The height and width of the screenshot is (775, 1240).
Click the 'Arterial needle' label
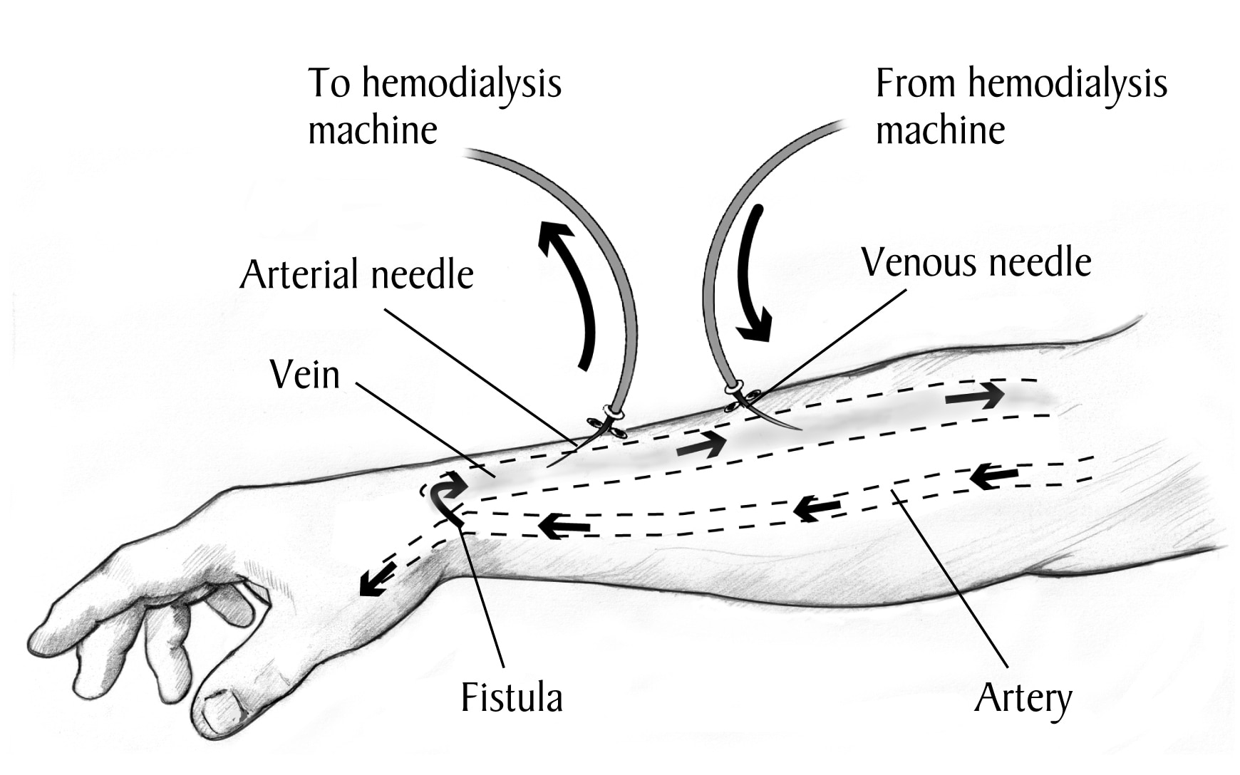point(357,275)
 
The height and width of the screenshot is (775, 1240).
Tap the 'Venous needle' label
point(976,262)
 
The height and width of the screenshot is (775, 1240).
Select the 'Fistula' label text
point(512,697)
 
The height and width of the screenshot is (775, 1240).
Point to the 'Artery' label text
point(1023,699)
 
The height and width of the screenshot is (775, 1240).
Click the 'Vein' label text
point(305,375)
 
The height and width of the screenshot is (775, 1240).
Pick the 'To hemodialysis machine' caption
point(435,106)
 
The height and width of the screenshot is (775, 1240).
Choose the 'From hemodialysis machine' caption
point(1021,106)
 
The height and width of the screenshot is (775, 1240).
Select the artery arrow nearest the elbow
point(994,476)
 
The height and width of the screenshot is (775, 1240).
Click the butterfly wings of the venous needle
point(743,400)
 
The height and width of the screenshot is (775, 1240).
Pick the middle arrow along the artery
point(817,508)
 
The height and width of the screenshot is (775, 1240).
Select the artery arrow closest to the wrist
point(564,526)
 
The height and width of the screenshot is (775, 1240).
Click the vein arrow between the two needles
point(701,444)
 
